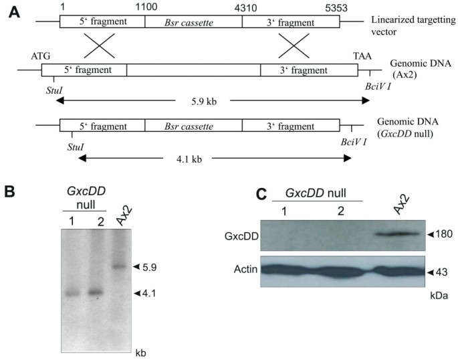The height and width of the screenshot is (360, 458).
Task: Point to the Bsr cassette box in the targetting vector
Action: pyautogui.click(x=193, y=21)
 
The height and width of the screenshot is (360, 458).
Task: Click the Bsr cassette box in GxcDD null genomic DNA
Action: pyautogui.click(x=193, y=126)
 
